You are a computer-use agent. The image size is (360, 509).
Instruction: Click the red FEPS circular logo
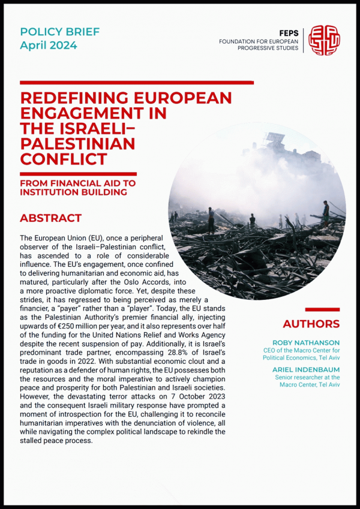[x=324, y=40]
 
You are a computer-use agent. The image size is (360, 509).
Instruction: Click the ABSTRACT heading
[x=50, y=218]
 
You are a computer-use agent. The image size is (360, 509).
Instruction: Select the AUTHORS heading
[x=311, y=324]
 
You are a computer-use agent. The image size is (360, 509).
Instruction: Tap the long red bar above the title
[x=137, y=82]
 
